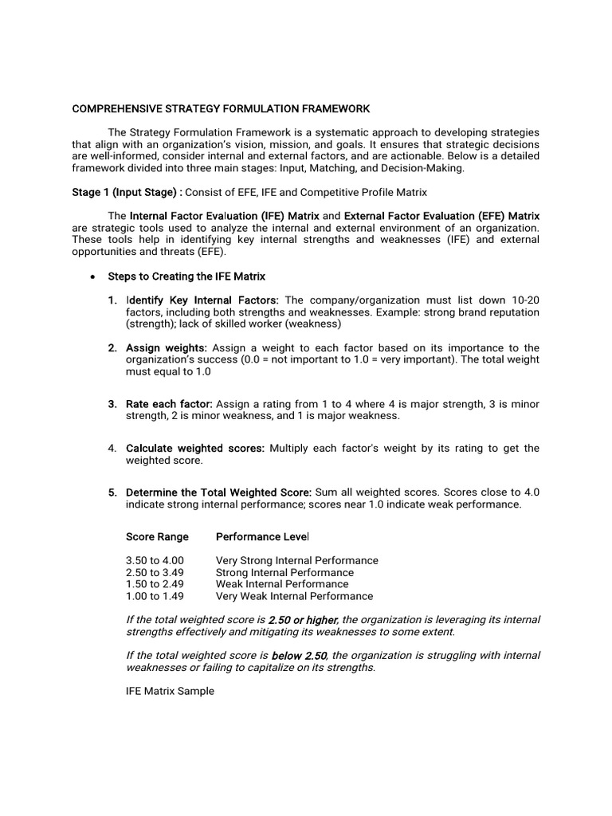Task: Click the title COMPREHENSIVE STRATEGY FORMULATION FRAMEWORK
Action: [x=221, y=108]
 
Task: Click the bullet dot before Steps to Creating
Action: [x=93, y=277]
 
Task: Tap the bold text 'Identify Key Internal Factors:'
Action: [x=202, y=300]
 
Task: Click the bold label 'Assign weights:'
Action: [x=167, y=347]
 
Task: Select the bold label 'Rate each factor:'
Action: [x=169, y=404]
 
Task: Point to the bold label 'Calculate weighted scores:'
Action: [x=195, y=448]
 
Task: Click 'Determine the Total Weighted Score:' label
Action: [x=219, y=492]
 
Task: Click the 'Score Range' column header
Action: [x=157, y=536]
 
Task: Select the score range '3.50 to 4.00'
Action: [x=155, y=560]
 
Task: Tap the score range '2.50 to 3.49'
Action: [x=155, y=572]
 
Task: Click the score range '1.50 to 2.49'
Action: [x=155, y=584]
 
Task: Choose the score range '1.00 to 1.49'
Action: [x=155, y=596]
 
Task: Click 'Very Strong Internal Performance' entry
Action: [x=296, y=560]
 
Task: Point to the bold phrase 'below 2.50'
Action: [x=299, y=655]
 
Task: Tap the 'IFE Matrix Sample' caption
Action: [x=170, y=691]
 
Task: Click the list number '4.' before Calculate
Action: [x=113, y=448]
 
